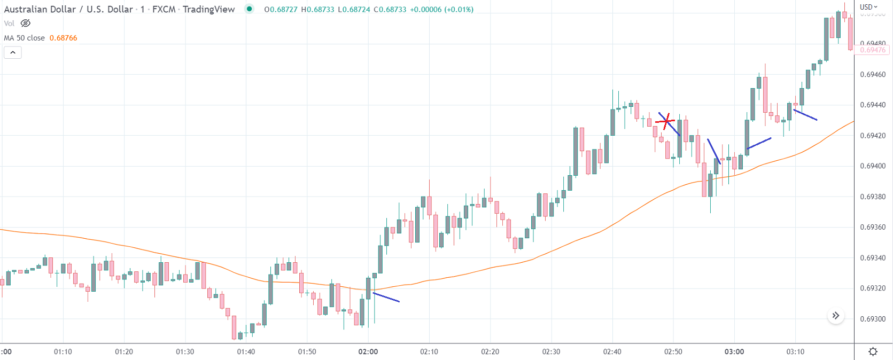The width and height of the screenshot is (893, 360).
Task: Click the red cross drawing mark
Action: (x=665, y=122)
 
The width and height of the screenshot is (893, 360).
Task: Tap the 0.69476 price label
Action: (x=873, y=50)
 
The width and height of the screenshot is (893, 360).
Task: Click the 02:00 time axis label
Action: (x=368, y=351)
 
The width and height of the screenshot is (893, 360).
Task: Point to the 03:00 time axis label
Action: (x=734, y=351)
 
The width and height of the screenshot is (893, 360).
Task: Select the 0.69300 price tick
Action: (x=873, y=319)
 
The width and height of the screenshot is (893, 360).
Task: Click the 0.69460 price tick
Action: (x=873, y=74)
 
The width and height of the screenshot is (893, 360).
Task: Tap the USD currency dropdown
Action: (x=868, y=7)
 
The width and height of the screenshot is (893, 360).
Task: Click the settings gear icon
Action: (x=873, y=351)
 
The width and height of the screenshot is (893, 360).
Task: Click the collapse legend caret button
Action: (x=13, y=52)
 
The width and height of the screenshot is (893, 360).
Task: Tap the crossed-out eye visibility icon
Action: (x=26, y=24)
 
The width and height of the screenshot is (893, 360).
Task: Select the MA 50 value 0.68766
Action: (x=63, y=38)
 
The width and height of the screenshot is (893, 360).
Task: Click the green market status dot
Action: (x=249, y=9)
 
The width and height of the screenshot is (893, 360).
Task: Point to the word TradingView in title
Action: (x=208, y=9)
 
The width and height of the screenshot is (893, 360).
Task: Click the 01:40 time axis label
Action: (x=246, y=351)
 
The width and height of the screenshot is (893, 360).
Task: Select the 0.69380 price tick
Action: (x=873, y=197)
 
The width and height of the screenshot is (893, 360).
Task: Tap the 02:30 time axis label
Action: (x=551, y=351)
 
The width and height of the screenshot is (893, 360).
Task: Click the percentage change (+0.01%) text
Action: (x=454, y=10)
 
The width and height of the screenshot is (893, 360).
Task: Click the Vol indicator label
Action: (x=9, y=24)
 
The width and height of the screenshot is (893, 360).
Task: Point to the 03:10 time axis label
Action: (x=795, y=351)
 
